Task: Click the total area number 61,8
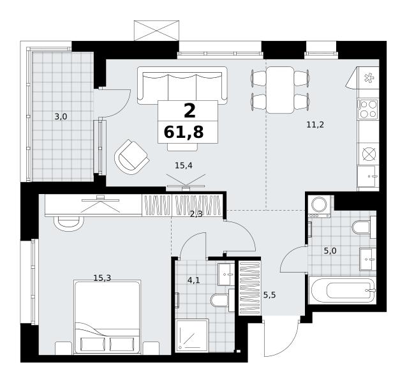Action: (x=184, y=132)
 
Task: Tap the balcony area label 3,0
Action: (x=61, y=117)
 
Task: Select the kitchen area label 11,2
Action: (x=315, y=125)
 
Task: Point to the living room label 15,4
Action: (x=184, y=165)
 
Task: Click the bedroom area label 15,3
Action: (x=102, y=278)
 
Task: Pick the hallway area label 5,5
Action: (x=269, y=295)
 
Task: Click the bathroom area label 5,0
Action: (x=330, y=251)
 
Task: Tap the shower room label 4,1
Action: (x=194, y=280)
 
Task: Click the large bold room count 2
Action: (x=189, y=110)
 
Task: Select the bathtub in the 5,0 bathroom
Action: (x=343, y=290)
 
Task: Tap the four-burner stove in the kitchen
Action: (x=368, y=109)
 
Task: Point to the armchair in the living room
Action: (x=131, y=158)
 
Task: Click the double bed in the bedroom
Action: (x=107, y=317)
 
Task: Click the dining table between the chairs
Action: (x=280, y=90)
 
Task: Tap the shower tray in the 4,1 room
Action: (x=192, y=336)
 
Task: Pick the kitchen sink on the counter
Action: (x=368, y=177)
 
